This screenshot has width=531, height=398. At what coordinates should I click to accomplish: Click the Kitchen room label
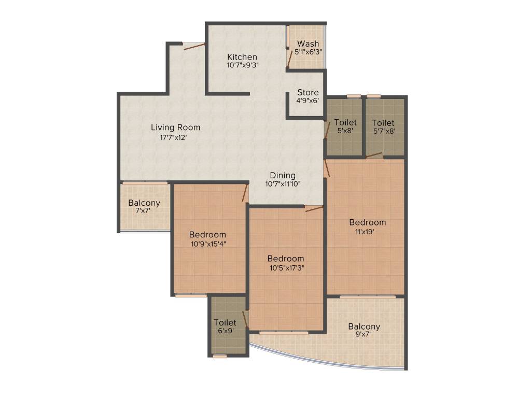pyautogui.click(x=242, y=56)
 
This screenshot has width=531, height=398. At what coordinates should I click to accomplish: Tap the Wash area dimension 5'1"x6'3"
pyautogui.click(x=308, y=52)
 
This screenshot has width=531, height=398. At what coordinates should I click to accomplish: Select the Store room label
pyautogui.click(x=308, y=92)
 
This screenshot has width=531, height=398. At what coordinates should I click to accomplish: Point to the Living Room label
pyautogui.click(x=175, y=127)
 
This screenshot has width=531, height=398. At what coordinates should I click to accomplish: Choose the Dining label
pyautogui.click(x=283, y=175)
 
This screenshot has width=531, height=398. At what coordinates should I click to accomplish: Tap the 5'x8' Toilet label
pyautogui.click(x=345, y=123)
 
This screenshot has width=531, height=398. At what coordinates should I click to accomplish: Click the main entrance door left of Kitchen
pyautogui.click(x=194, y=46)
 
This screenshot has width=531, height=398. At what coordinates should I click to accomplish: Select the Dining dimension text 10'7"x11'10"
pyautogui.click(x=283, y=184)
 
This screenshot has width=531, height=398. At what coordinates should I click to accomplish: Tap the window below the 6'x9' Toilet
pyautogui.click(x=220, y=356)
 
